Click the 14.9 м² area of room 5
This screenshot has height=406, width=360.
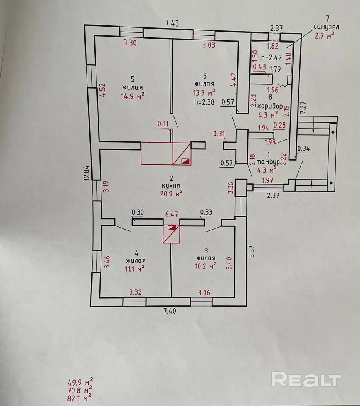pos(133,96)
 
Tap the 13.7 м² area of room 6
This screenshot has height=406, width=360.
pos(204,92)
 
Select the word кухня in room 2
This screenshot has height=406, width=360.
pos(171,186)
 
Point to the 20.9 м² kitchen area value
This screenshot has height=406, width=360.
pos(171,193)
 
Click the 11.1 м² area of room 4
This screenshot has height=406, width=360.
pos(135,269)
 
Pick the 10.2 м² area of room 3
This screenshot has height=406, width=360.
pos(205,266)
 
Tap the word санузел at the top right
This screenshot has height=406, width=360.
pos(326,27)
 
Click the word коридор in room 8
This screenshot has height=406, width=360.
pos(270,106)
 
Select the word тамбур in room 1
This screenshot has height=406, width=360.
pos(268,162)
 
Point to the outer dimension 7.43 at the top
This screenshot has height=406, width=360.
pos(172,23)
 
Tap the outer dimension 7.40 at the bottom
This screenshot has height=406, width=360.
pos(170,311)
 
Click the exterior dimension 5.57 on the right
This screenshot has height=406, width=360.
pos(252,251)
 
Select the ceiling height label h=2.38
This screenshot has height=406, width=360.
pos(205,102)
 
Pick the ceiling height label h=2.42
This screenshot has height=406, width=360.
pos(272,57)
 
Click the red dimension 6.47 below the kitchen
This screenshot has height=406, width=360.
pos(172,215)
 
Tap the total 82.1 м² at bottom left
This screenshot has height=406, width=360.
pos(79,398)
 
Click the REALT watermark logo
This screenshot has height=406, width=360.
pos(306,379)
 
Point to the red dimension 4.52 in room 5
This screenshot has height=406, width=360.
pos(103,90)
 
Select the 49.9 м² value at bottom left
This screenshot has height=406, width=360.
pos(80,382)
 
